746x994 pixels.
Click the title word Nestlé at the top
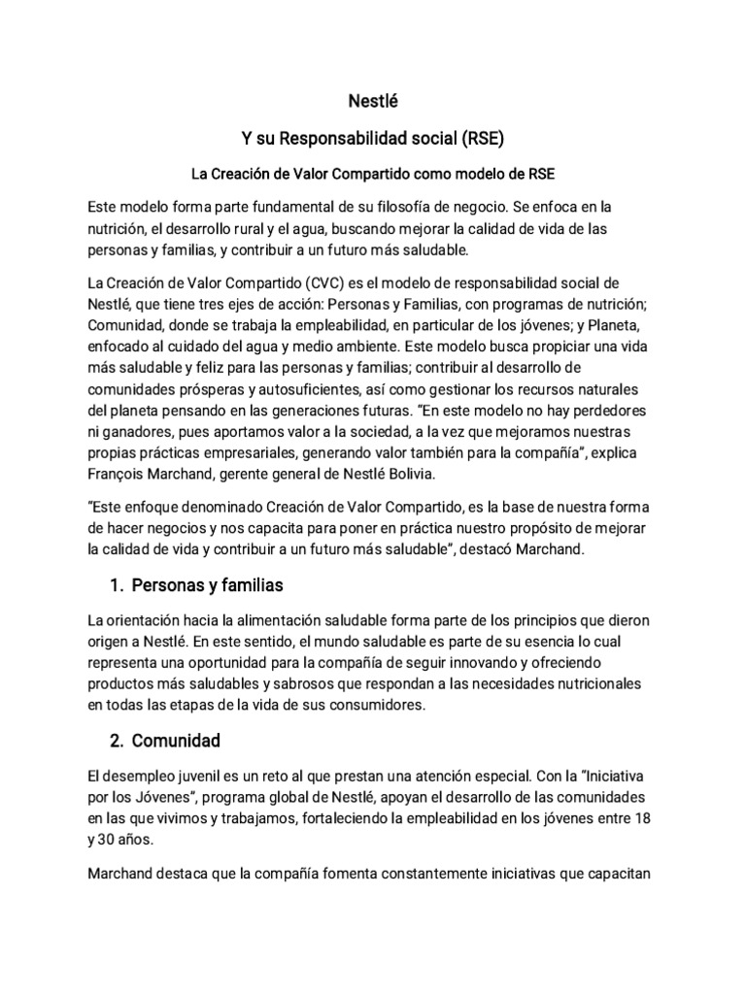pos(372,99)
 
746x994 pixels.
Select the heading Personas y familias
pos(206,586)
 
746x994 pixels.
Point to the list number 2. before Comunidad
pos(117,741)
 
